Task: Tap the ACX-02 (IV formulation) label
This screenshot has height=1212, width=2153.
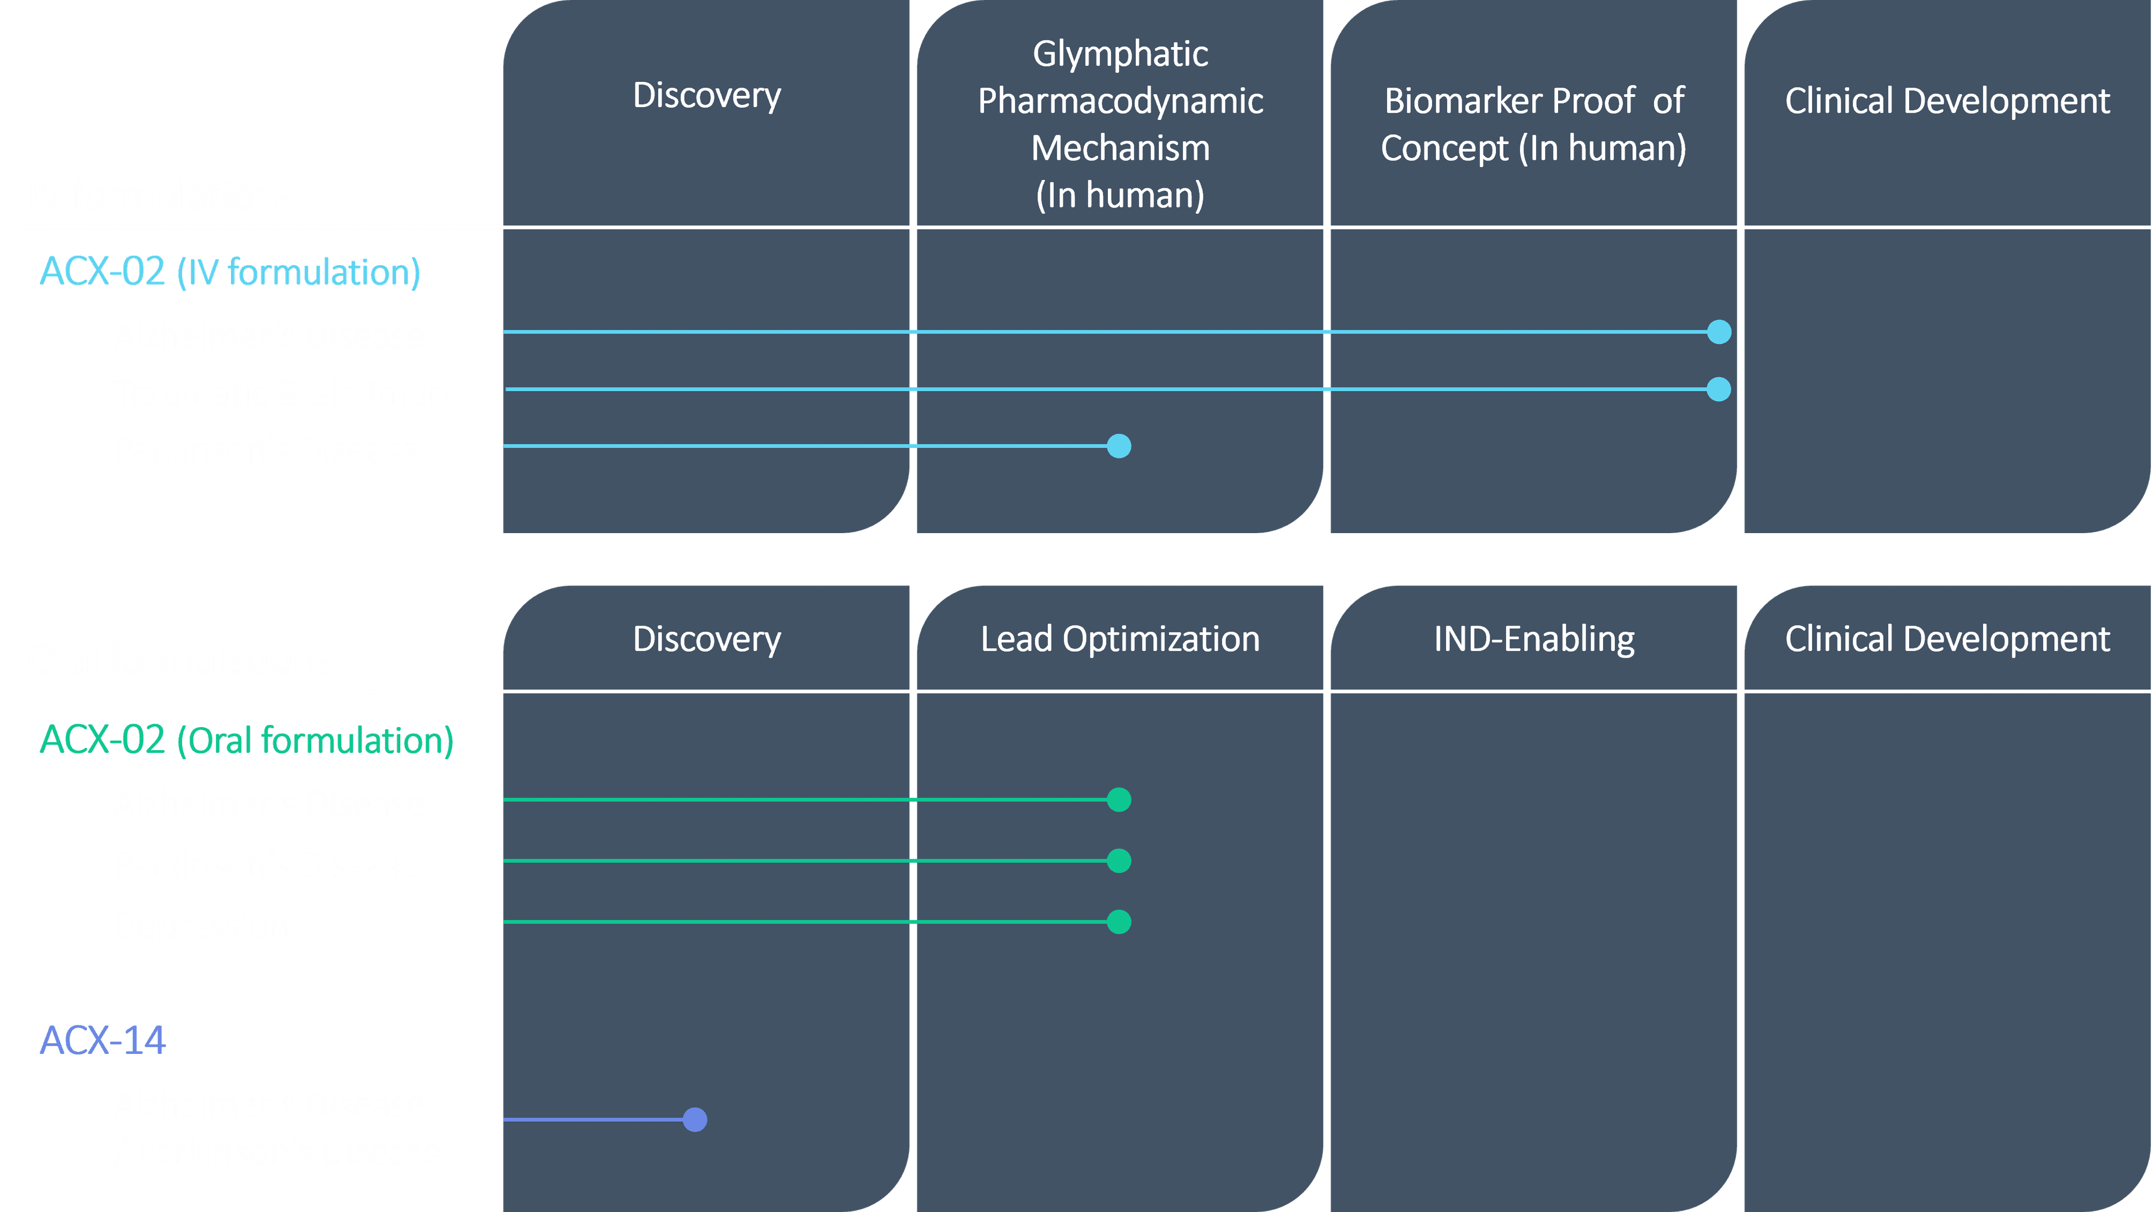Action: (230, 272)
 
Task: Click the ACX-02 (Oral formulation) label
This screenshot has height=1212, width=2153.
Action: (247, 740)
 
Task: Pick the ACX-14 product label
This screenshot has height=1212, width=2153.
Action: (103, 1040)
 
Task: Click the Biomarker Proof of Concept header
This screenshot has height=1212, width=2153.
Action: (1533, 124)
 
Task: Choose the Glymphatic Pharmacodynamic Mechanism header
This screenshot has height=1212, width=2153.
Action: (1120, 124)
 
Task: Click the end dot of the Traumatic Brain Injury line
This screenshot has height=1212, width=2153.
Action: (1718, 390)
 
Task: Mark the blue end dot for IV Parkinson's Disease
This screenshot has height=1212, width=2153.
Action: (1119, 446)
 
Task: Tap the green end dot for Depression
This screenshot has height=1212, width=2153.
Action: (1119, 922)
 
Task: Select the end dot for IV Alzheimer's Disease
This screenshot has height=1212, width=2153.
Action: (1719, 332)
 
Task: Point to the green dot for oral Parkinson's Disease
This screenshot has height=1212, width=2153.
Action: (1119, 861)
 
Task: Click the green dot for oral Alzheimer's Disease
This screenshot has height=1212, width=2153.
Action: (1119, 800)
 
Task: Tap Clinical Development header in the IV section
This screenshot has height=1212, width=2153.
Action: (1947, 101)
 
